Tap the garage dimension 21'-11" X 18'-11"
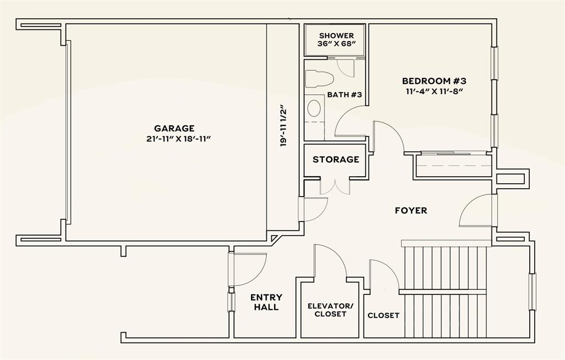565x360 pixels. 175,139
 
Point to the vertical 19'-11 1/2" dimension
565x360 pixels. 284,125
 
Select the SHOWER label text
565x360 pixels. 335,35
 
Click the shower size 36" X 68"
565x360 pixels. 335,44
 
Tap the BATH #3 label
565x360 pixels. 344,94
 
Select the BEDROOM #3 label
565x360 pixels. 434,81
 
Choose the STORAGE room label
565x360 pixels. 335,160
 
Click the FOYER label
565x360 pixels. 411,210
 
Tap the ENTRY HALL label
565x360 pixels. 266,302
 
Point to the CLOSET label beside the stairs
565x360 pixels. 383,315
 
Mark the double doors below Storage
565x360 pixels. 335,186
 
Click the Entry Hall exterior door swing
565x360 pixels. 248,269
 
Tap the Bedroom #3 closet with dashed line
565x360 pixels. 453,165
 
